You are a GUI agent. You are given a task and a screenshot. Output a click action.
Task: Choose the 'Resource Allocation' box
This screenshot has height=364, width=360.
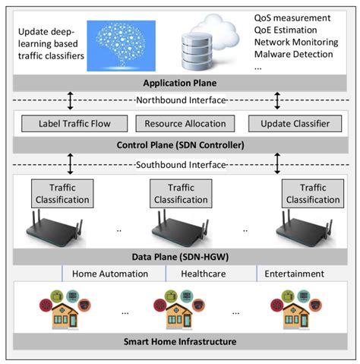180,123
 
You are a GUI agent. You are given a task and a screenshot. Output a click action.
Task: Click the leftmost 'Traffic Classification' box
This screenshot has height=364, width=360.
61,195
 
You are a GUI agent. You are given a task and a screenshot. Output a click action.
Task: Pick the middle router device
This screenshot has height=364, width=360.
181,231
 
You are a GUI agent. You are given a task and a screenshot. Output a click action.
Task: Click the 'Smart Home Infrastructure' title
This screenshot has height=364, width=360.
180,341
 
